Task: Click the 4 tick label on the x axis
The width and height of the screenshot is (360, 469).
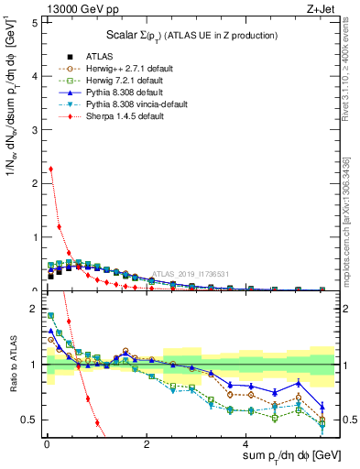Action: (x=245, y=445)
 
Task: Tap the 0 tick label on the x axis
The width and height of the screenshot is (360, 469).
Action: (x=46, y=445)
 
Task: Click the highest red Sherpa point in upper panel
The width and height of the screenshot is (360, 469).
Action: (x=50, y=169)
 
